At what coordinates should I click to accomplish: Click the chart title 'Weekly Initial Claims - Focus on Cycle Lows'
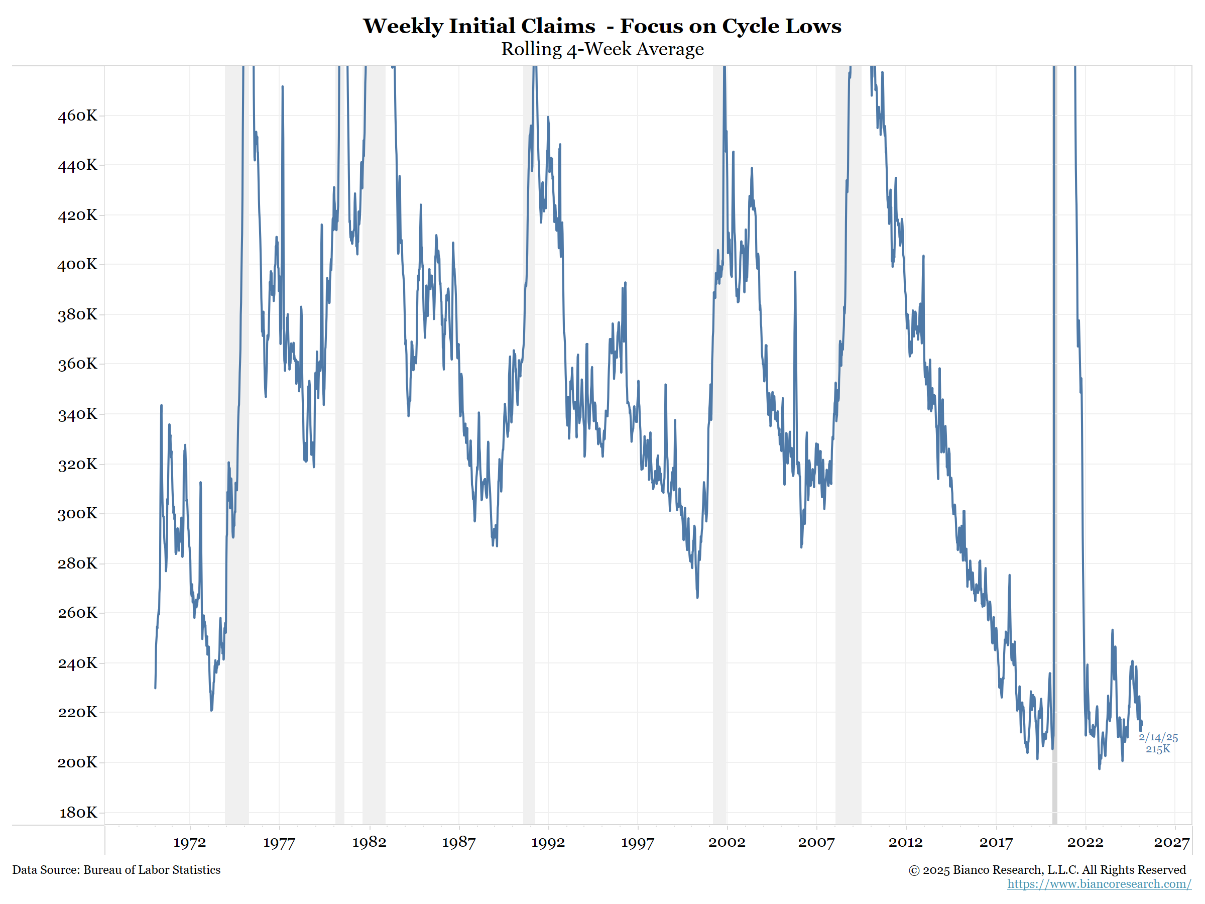pos(602,26)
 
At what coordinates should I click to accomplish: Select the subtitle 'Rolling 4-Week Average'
pos(602,49)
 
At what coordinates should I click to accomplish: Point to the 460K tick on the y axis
pos(77,116)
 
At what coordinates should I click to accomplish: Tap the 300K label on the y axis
pos(77,513)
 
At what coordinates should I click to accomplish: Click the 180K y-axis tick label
pos(78,813)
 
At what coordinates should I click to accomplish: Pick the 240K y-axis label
pos(77,663)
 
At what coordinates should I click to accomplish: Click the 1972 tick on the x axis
pos(190,842)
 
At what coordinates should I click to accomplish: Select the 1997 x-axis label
pos(637,842)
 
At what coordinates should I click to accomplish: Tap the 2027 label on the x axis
pos(1171,842)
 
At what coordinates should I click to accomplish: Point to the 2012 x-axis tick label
pos(905,842)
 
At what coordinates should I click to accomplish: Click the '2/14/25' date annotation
pos(1158,737)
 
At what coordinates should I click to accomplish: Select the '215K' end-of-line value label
pos(1158,749)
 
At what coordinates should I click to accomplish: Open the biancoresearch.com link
pos(1099,884)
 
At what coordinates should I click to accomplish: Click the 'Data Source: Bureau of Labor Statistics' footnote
pos(116,870)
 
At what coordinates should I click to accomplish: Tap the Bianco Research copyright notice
pos(1046,870)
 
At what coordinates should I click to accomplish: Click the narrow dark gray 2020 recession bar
pos(1054,436)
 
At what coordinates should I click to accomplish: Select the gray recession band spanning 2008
pos(848,436)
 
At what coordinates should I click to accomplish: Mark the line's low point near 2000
pos(697,597)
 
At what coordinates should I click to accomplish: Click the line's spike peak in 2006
pos(795,272)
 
